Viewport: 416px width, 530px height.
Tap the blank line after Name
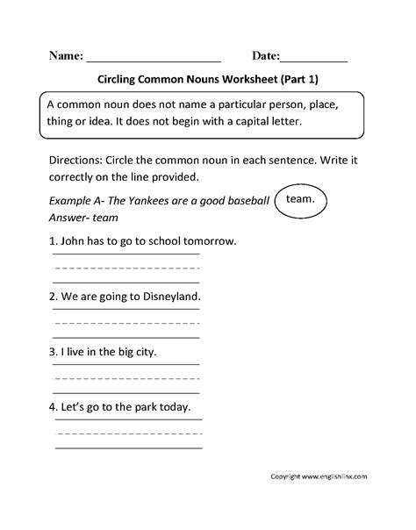coord(154,59)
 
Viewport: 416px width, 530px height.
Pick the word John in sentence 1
coord(77,240)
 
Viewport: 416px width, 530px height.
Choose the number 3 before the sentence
coord(54,352)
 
